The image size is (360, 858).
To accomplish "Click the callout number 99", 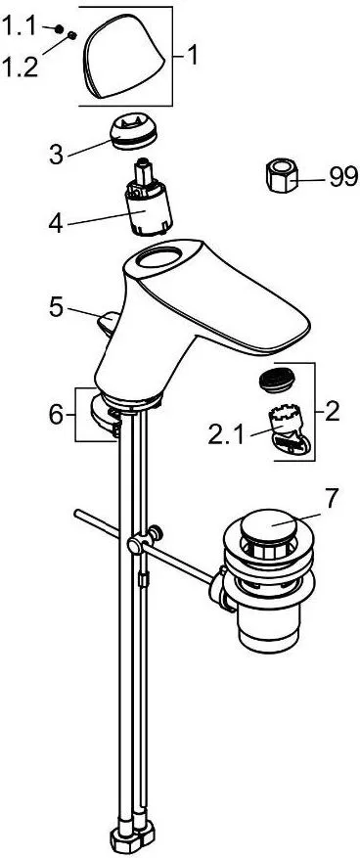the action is tap(343, 177).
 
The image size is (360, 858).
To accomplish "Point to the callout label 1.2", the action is tap(21, 67).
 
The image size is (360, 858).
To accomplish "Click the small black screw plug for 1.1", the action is tap(60, 28).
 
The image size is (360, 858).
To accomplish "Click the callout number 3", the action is tap(57, 155).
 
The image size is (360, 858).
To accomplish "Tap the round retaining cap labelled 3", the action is tap(133, 133).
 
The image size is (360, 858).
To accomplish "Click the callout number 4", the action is tap(57, 223).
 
